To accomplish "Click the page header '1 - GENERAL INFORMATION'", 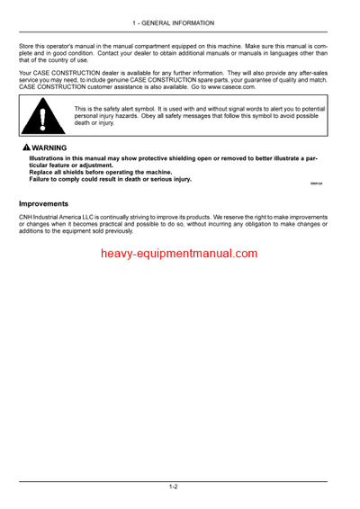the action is [x=179, y=21].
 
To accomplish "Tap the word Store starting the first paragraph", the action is [x=27, y=44].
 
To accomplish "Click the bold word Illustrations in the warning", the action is [x=49, y=157].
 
